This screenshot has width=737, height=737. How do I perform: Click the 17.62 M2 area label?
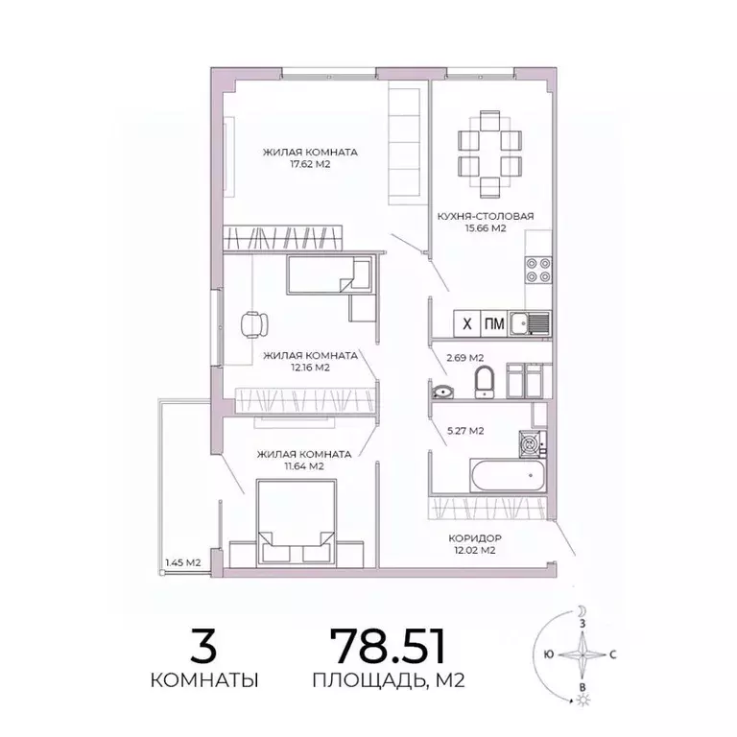pos(297,164)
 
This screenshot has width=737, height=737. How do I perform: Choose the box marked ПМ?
pos(494,323)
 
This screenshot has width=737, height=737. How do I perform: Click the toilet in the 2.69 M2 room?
pos(484,380)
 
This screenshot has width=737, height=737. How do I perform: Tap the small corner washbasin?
pos(442,390)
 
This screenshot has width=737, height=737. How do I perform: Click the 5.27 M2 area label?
pos(464,431)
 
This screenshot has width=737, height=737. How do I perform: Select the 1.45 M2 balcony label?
pos(180,562)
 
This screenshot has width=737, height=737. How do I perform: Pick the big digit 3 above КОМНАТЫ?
pos(202,646)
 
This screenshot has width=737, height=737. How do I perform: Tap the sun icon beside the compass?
pos(582,701)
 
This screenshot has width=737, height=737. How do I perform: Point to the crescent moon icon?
pos(582,610)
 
